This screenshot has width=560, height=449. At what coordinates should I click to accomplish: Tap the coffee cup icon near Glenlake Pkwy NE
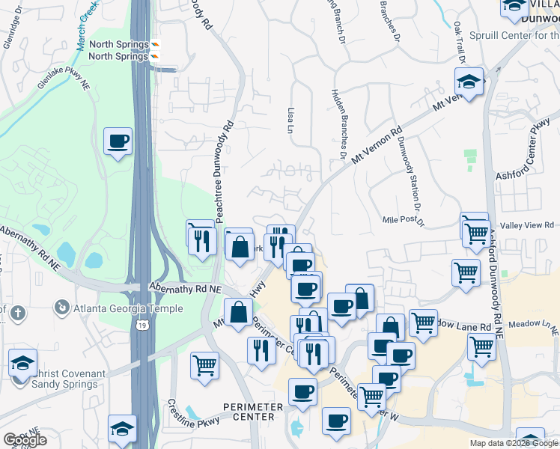pos(118,141)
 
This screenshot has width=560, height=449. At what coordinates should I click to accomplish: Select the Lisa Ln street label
pos(290,120)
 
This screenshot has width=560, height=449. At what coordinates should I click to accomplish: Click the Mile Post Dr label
pos(404,220)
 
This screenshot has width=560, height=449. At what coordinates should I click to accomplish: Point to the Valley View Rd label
pos(528,224)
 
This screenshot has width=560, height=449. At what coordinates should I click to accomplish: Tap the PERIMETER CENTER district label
pos(253,412)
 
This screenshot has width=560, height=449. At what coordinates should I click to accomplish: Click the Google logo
pos(25,440)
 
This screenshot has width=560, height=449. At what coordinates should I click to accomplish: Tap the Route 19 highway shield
pos(141,325)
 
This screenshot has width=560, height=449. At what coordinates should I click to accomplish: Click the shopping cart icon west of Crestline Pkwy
pos(204,365)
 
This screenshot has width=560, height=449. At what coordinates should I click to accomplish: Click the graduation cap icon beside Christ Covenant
pos(23,363)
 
